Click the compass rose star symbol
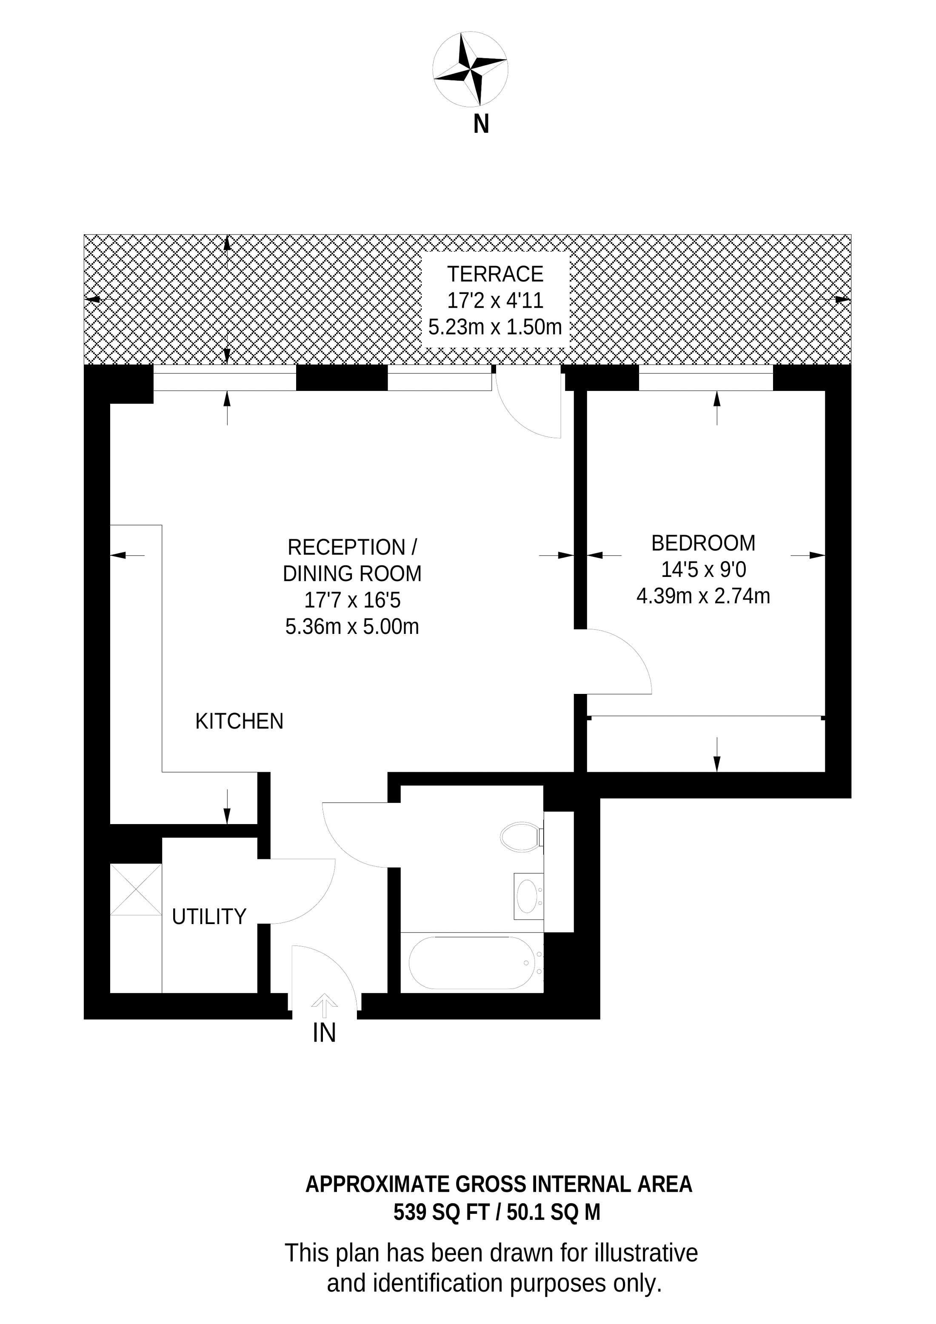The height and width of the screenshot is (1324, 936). coord(470,69)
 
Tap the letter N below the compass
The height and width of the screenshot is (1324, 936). coord(481,124)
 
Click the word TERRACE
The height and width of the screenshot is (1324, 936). coord(495,274)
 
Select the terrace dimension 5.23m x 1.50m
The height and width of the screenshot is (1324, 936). coord(495,327)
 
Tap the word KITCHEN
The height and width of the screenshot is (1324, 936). coord(240,722)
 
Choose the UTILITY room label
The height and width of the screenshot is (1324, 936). coord(209,916)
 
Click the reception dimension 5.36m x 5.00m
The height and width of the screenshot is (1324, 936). coord(352,627)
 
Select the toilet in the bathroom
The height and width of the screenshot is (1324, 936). coord(522,837)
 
